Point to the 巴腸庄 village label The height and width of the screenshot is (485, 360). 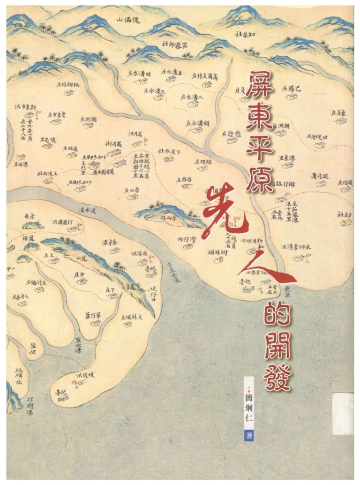(x=292, y=88)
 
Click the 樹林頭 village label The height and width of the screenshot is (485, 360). (x=217, y=252)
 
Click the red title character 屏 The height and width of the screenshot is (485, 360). (x=260, y=86)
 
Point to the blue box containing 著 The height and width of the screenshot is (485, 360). (x=249, y=435)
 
